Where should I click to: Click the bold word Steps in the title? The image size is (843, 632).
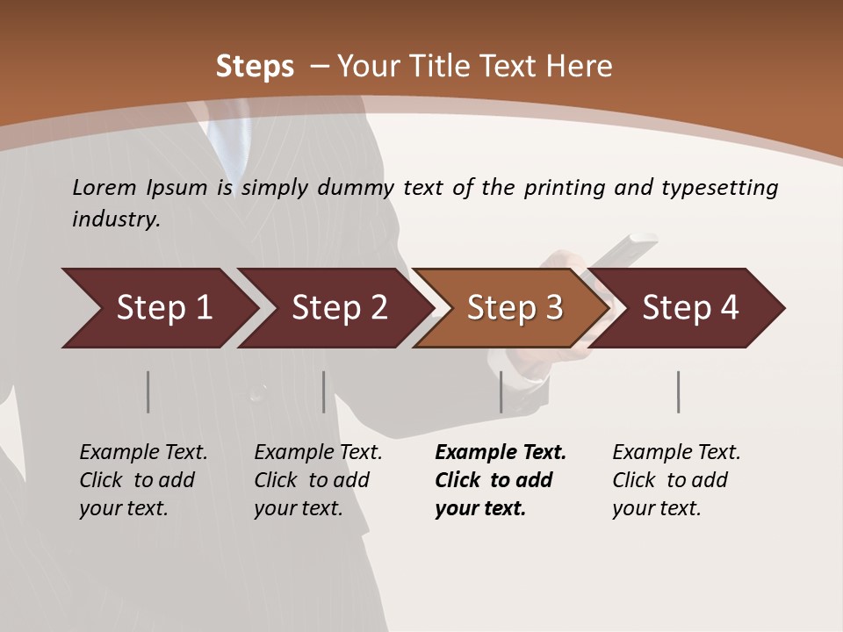click(255, 67)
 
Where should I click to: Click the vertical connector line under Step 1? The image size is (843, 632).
click(148, 391)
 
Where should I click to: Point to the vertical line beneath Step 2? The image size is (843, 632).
click(323, 391)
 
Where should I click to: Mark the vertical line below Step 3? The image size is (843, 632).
click(501, 391)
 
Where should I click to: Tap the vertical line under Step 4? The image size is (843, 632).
click(678, 391)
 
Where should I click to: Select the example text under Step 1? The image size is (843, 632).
click(143, 480)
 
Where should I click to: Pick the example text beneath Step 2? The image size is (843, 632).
click(318, 480)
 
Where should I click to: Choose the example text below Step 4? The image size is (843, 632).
click(676, 480)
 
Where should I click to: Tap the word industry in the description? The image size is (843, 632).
click(116, 219)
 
